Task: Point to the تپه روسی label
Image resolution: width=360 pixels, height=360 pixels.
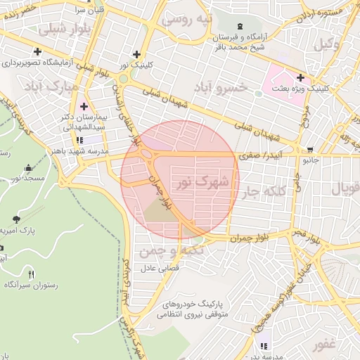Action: [x=187, y=18]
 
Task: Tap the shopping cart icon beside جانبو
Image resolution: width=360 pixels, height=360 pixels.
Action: [x=310, y=149]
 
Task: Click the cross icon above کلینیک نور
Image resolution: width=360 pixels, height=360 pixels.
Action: [x=136, y=54]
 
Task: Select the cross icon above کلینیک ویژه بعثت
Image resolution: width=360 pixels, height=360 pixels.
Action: [x=301, y=77]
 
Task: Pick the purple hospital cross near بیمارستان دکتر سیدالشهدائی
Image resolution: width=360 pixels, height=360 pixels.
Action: [x=84, y=106]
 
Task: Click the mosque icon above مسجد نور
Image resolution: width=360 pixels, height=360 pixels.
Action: [x=28, y=168]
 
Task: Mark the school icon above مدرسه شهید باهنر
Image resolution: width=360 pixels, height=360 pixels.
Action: [x=79, y=139]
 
